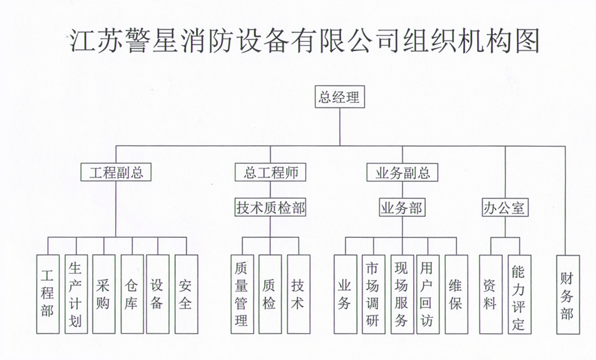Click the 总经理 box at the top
point(340,97)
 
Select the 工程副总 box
point(116,172)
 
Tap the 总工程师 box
point(270,172)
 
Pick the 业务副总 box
point(402,172)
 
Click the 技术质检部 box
point(270,208)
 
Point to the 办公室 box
point(505,208)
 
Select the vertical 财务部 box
point(568,295)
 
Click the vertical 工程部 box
point(48,294)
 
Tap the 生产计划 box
point(76,294)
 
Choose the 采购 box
point(104,294)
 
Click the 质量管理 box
point(242,294)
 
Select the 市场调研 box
point(374,294)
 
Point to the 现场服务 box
point(402,294)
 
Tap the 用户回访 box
point(428,294)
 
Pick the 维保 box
point(456,294)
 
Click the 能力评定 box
point(519,294)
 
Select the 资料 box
point(491,294)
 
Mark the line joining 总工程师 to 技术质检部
point(270,190)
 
